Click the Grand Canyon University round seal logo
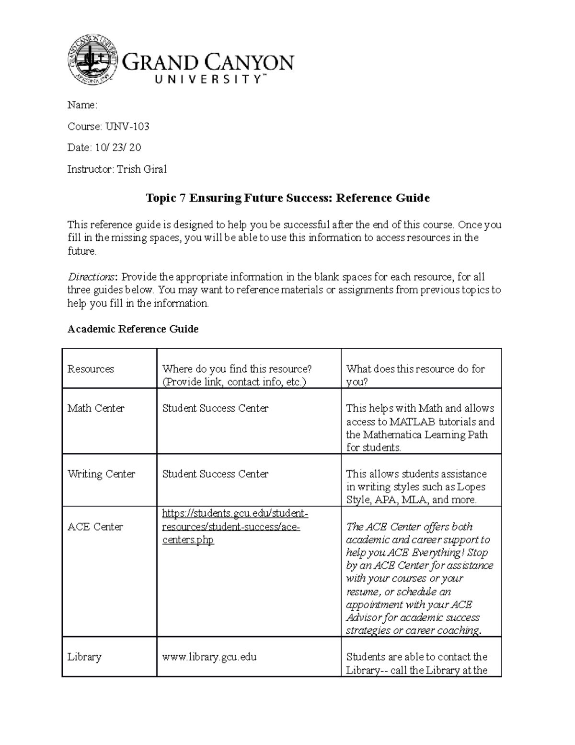[92, 60]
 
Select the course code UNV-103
[127, 127]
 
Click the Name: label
[82, 105]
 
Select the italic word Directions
[91, 277]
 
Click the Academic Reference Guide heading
[133, 329]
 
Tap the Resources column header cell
[91, 369]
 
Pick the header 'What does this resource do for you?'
[415, 375]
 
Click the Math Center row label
[95, 408]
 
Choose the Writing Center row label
[101, 474]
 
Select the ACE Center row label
[95, 527]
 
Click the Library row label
[84, 657]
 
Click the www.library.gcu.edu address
[209, 657]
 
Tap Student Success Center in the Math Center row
[215, 408]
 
